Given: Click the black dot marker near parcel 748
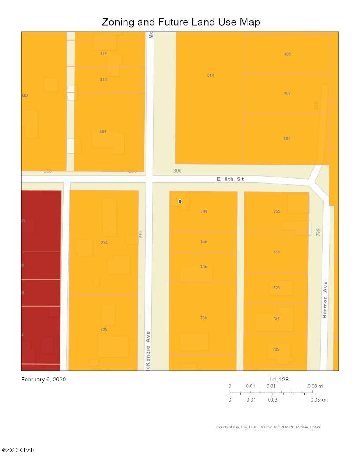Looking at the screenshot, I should click(x=180, y=201).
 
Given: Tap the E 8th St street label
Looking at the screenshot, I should click(x=230, y=179).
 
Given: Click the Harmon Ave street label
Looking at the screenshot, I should click(x=325, y=300).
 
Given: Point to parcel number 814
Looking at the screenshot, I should click(x=210, y=75).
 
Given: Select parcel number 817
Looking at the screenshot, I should click(x=103, y=53).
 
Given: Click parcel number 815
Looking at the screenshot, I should click(x=103, y=80).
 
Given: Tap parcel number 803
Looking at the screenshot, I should click(x=287, y=94).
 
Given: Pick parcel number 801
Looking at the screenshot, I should click(x=287, y=139).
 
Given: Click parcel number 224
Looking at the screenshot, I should click(x=104, y=242).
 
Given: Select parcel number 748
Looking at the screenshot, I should click(x=203, y=211).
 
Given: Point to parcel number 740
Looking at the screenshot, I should click(x=203, y=242).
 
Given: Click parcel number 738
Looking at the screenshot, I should click(x=203, y=267).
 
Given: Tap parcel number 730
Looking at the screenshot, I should click(x=203, y=318).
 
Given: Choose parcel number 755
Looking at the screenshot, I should click(x=277, y=212).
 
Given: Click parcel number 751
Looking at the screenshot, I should click(x=276, y=252).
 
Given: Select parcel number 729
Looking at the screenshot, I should click(x=276, y=288).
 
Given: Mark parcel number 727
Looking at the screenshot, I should click(x=276, y=319).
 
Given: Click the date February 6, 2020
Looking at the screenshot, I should click(x=43, y=379).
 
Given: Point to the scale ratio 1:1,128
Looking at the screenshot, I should click(x=279, y=379).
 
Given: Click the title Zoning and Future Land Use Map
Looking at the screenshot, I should click(x=181, y=22).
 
